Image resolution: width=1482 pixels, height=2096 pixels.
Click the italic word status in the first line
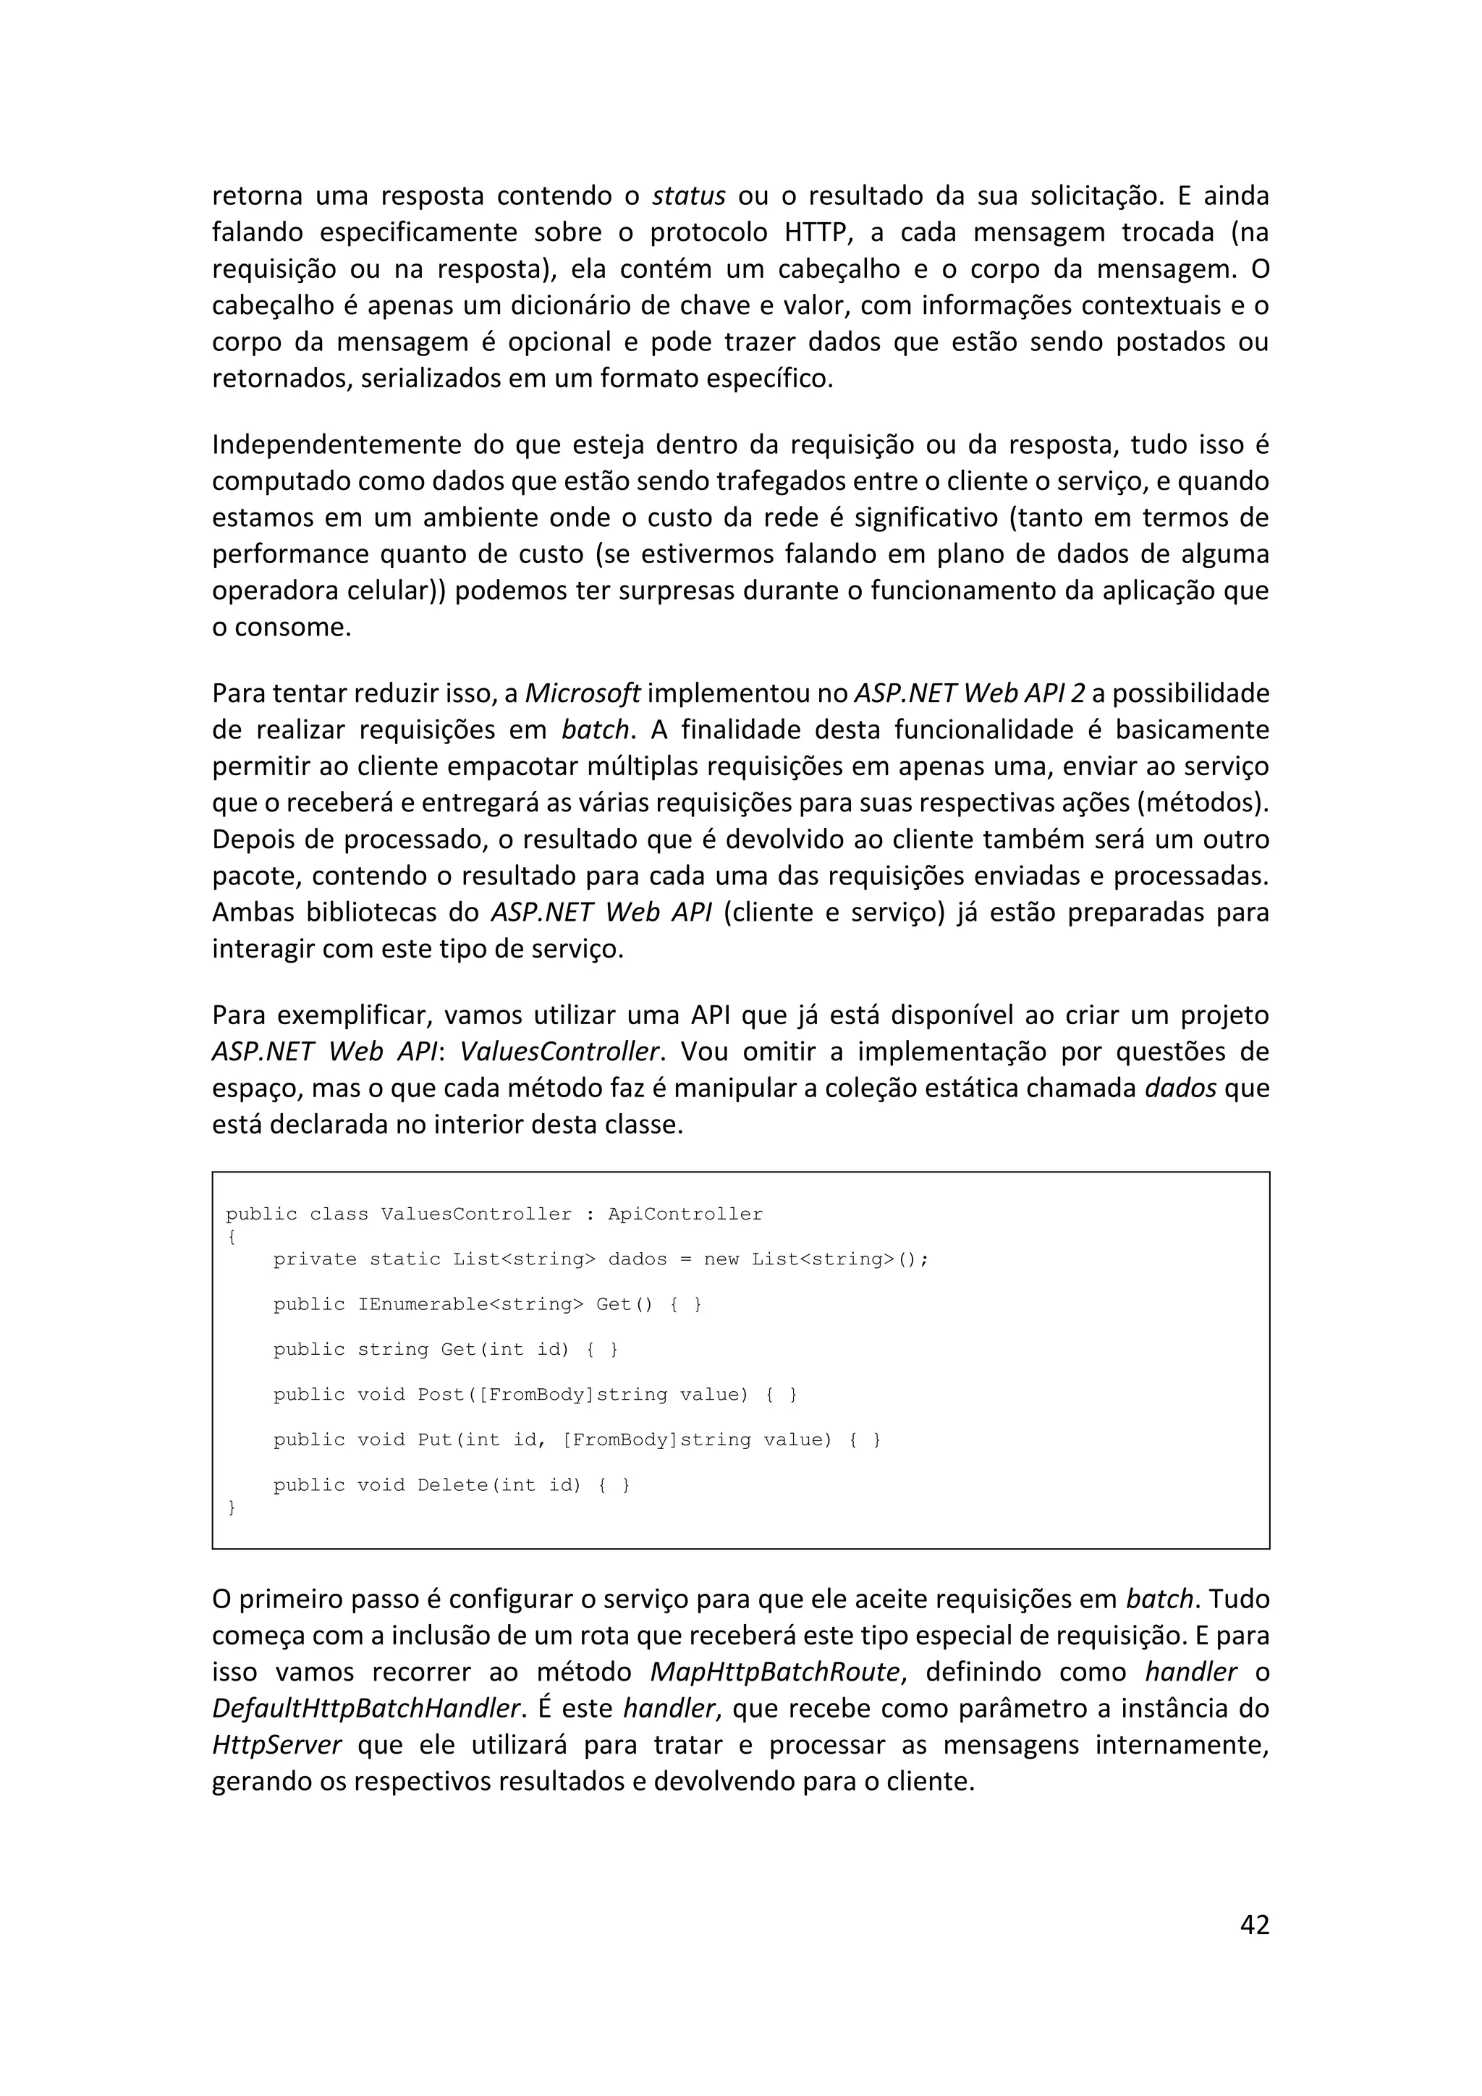click(689, 196)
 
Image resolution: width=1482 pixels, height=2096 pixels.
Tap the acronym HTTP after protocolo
click(818, 233)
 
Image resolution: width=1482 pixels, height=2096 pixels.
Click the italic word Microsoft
click(583, 694)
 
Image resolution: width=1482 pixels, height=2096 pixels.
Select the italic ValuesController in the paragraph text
click(559, 1052)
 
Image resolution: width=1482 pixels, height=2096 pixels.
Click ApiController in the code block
click(685, 1214)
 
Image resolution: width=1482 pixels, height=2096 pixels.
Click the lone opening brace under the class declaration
click(232, 1237)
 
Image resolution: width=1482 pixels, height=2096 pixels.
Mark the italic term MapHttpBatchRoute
click(776, 1673)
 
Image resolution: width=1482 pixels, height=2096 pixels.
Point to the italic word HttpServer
click(276, 1746)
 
